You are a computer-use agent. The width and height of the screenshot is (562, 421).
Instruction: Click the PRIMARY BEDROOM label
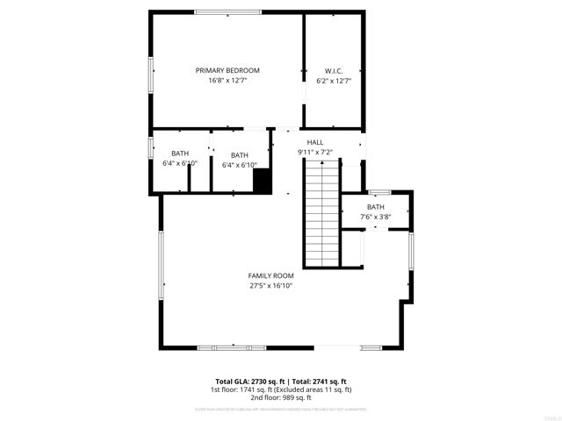coord(227,70)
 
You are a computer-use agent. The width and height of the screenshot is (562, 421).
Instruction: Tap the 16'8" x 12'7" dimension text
coord(227,81)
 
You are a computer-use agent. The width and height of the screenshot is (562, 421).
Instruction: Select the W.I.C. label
coord(334,70)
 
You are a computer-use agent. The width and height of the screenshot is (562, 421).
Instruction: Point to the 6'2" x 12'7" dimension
coord(334,81)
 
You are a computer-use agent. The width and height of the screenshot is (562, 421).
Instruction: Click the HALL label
coord(314,142)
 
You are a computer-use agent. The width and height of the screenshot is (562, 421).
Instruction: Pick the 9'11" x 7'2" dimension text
coord(314,153)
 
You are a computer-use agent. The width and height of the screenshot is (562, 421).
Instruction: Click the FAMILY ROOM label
coord(270,275)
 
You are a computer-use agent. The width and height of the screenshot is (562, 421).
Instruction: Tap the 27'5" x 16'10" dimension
coord(270,286)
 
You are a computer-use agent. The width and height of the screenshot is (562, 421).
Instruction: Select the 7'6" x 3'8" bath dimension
coord(375,218)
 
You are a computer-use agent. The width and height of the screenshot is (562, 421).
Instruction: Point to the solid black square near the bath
coord(262,180)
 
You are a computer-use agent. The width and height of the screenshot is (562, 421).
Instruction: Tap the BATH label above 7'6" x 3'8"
coord(375,207)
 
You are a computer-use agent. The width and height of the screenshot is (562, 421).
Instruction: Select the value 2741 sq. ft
coord(332,381)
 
